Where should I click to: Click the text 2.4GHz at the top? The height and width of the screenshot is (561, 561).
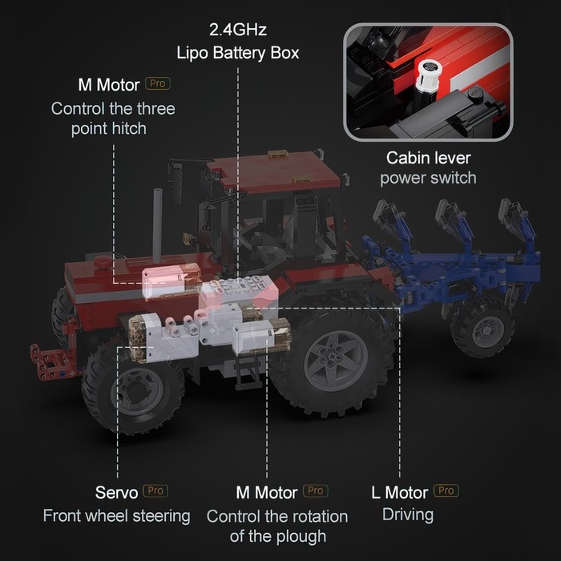[238, 30]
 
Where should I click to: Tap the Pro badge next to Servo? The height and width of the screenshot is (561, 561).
[155, 490]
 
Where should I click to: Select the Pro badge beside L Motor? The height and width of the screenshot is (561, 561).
[446, 490]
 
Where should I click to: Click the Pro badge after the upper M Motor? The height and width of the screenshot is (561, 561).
[158, 83]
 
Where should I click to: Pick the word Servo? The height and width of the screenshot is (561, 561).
[117, 493]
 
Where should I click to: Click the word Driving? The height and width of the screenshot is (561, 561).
[408, 515]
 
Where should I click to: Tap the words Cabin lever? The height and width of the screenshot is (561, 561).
[428, 158]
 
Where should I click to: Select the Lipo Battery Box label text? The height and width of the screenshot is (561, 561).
[237, 53]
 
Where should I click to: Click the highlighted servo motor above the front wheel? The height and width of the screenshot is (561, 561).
[163, 337]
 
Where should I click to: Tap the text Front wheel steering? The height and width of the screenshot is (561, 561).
[117, 516]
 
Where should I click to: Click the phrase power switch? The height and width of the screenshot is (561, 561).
[428, 178]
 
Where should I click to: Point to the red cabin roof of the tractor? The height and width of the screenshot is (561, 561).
[274, 172]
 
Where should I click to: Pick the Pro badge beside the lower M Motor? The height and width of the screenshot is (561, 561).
[316, 490]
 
